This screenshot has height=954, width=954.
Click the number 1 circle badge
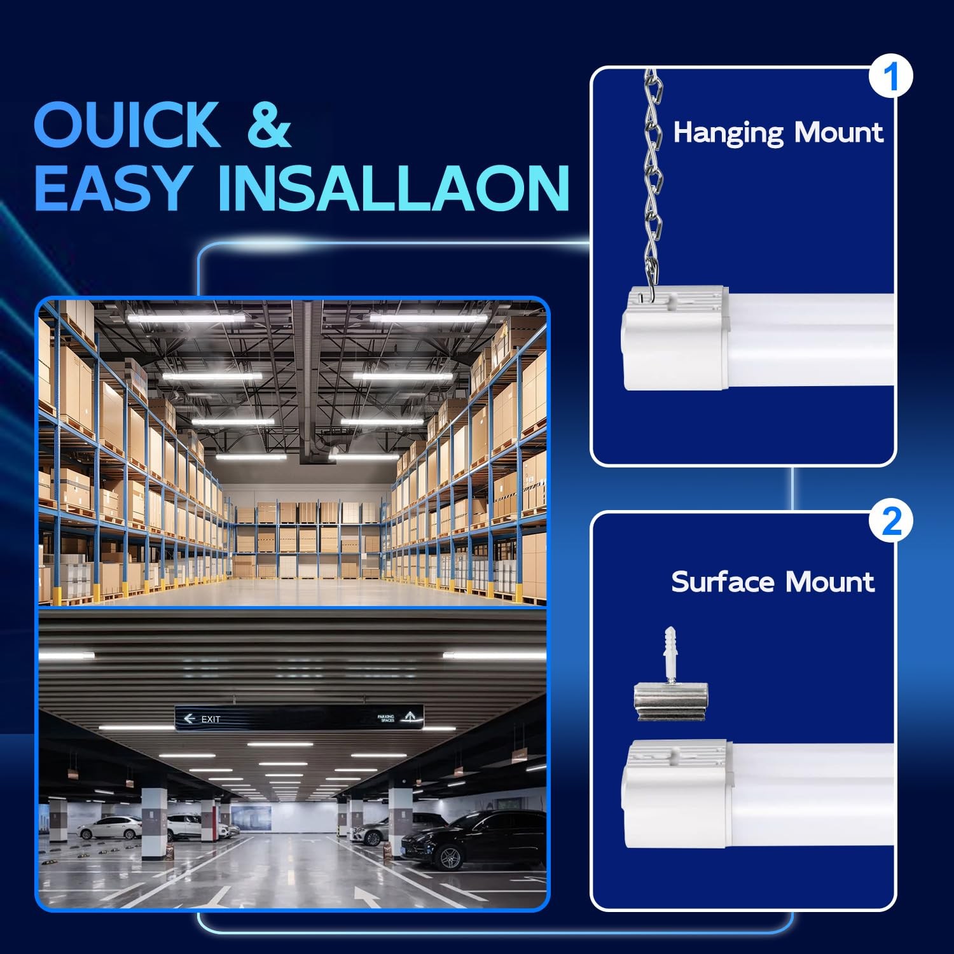[x=891, y=76]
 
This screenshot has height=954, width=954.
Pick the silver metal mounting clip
[x=671, y=702]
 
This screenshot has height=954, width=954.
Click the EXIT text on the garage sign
[x=211, y=719]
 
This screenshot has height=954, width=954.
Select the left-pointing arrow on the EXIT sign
[x=189, y=719]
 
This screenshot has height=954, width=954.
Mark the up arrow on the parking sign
[x=410, y=717]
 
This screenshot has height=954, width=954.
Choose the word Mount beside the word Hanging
[x=839, y=132]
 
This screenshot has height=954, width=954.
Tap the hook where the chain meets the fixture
[x=649, y=296]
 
